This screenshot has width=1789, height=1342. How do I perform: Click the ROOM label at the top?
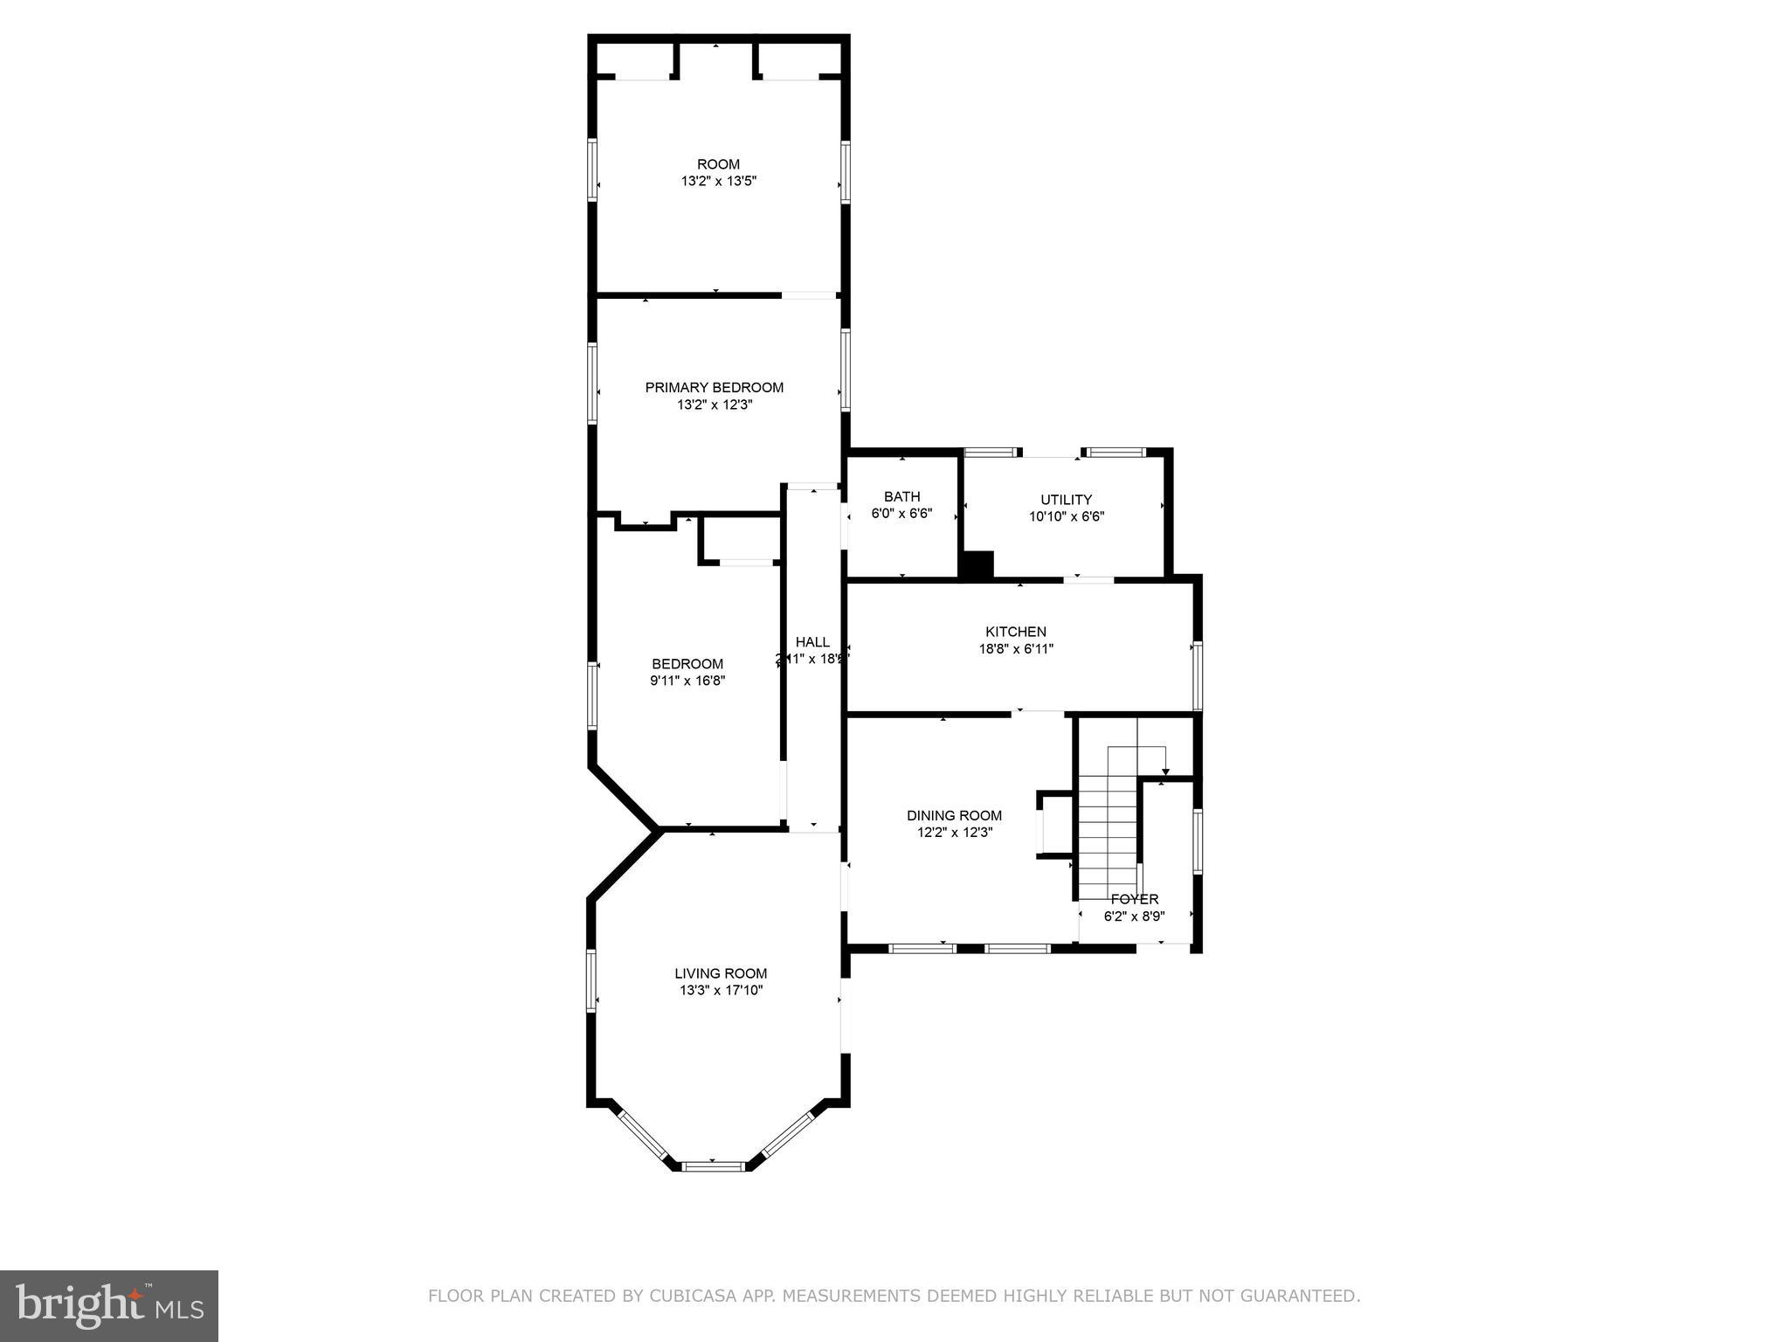(x=718, y=164)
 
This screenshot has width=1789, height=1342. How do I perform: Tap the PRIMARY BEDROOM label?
(x=714, y=387)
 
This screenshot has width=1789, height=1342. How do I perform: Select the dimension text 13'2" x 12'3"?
(x=714, y=405)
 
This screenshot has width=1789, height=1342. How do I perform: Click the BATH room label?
(x=901, y=496)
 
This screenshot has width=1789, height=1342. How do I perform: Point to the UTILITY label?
(x=1066, y=499)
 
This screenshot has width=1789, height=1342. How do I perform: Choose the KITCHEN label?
(x=1015, y=631)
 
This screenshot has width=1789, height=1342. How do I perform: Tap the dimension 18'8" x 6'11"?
(x=1015, y=648)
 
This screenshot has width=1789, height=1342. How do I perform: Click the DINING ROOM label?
(x=954, y=815)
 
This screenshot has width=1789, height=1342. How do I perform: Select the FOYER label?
(x=1134, y=899)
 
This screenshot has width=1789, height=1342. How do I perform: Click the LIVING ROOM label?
(x=721, y=972)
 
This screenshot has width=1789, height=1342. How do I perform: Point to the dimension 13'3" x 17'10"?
(x=721, y=990)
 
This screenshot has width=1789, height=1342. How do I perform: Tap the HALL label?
(x=812, y=642)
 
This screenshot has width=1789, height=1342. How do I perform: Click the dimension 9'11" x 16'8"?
(x=687, y=681)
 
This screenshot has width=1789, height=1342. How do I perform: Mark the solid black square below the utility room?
(x=977, y=564)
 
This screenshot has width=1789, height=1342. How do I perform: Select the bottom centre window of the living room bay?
(x=713, y=1166)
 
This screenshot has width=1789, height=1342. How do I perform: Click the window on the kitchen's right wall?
(x=1198, y=675)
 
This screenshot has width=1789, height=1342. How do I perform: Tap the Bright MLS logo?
(x=109, y=1305)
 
